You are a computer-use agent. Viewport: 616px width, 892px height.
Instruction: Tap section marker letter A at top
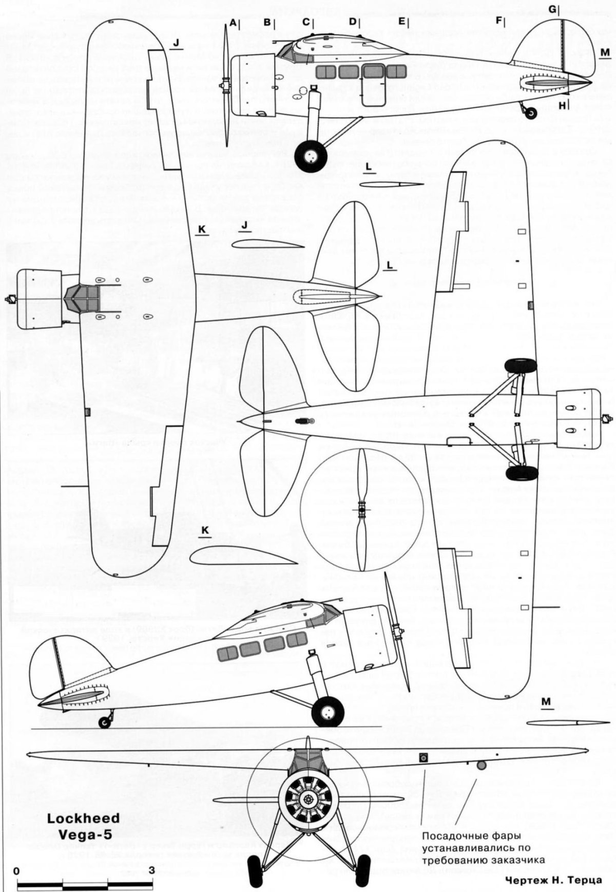tap(233, 23)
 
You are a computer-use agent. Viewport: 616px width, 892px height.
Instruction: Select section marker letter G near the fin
tap(552, 9)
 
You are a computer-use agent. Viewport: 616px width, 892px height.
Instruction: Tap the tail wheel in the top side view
tap(531, 112)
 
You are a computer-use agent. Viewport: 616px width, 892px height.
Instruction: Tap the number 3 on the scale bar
tap(151, 871)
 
